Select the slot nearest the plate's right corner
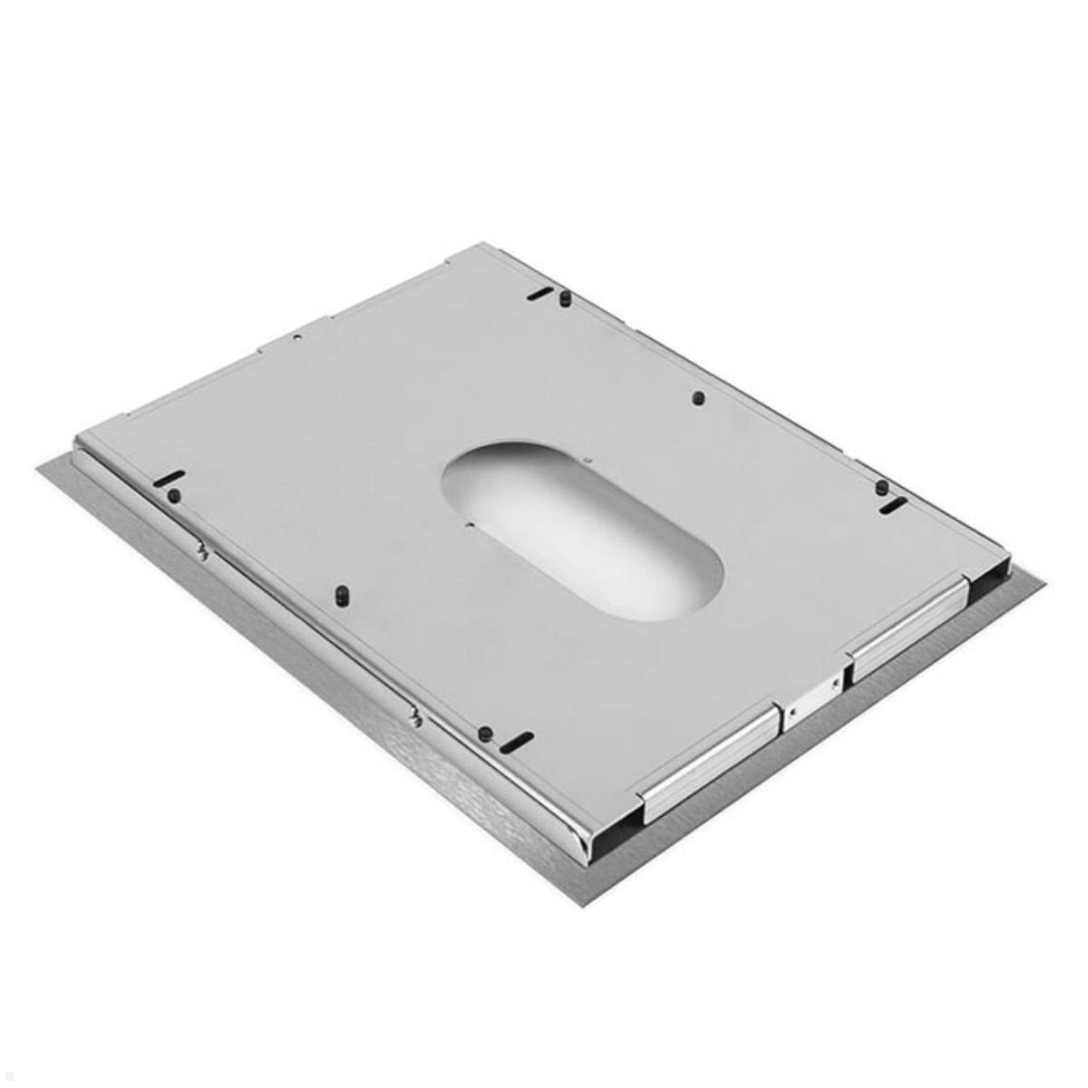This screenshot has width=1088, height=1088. [893, 503]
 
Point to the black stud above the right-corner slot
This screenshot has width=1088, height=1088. [880, 487]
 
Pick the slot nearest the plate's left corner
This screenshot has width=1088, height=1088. [170, 479]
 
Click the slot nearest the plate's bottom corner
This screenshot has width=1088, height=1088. [517, 742]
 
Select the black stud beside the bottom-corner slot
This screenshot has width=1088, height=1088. [485, 733]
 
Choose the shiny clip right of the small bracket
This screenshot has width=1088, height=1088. [907, 626]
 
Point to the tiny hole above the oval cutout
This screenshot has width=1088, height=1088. [588, 460]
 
